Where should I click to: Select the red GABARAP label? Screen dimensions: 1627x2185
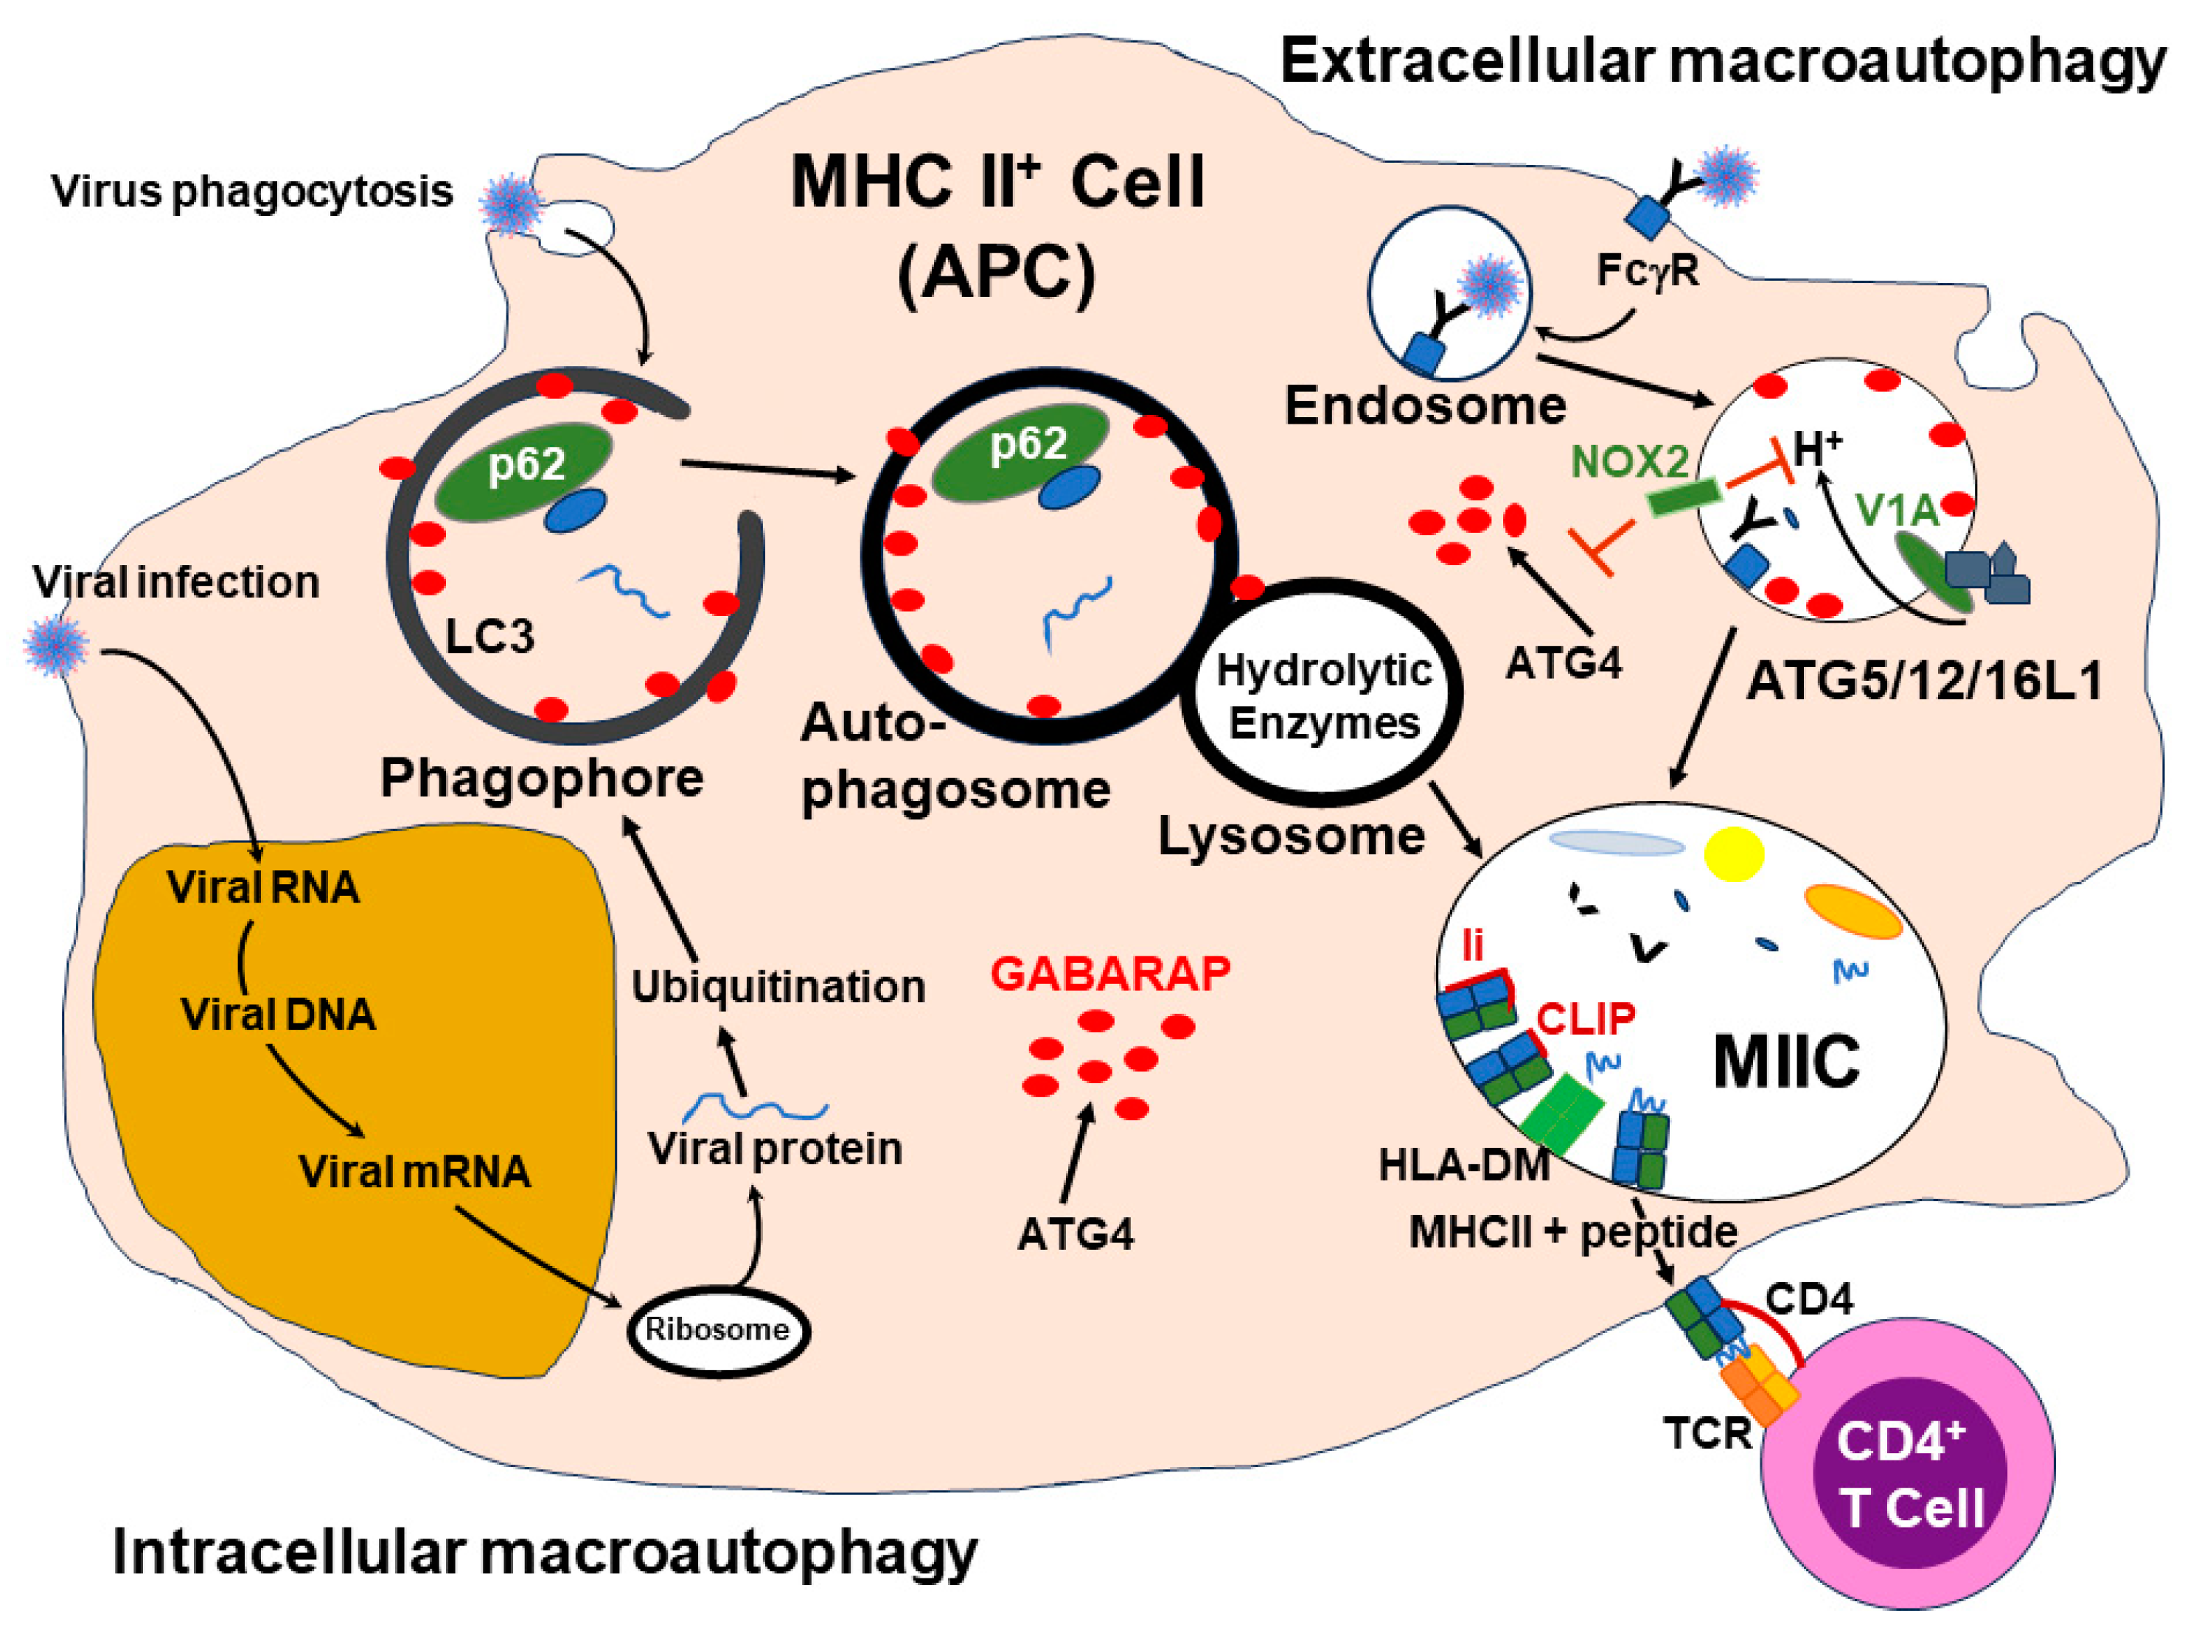[1110, 973]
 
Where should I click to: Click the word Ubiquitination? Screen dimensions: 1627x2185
[778, 987]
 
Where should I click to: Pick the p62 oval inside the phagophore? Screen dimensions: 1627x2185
[522, 471]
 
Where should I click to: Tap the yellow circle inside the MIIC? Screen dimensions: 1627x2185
[1734, 853]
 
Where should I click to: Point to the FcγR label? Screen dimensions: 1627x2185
[1647, 270]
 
